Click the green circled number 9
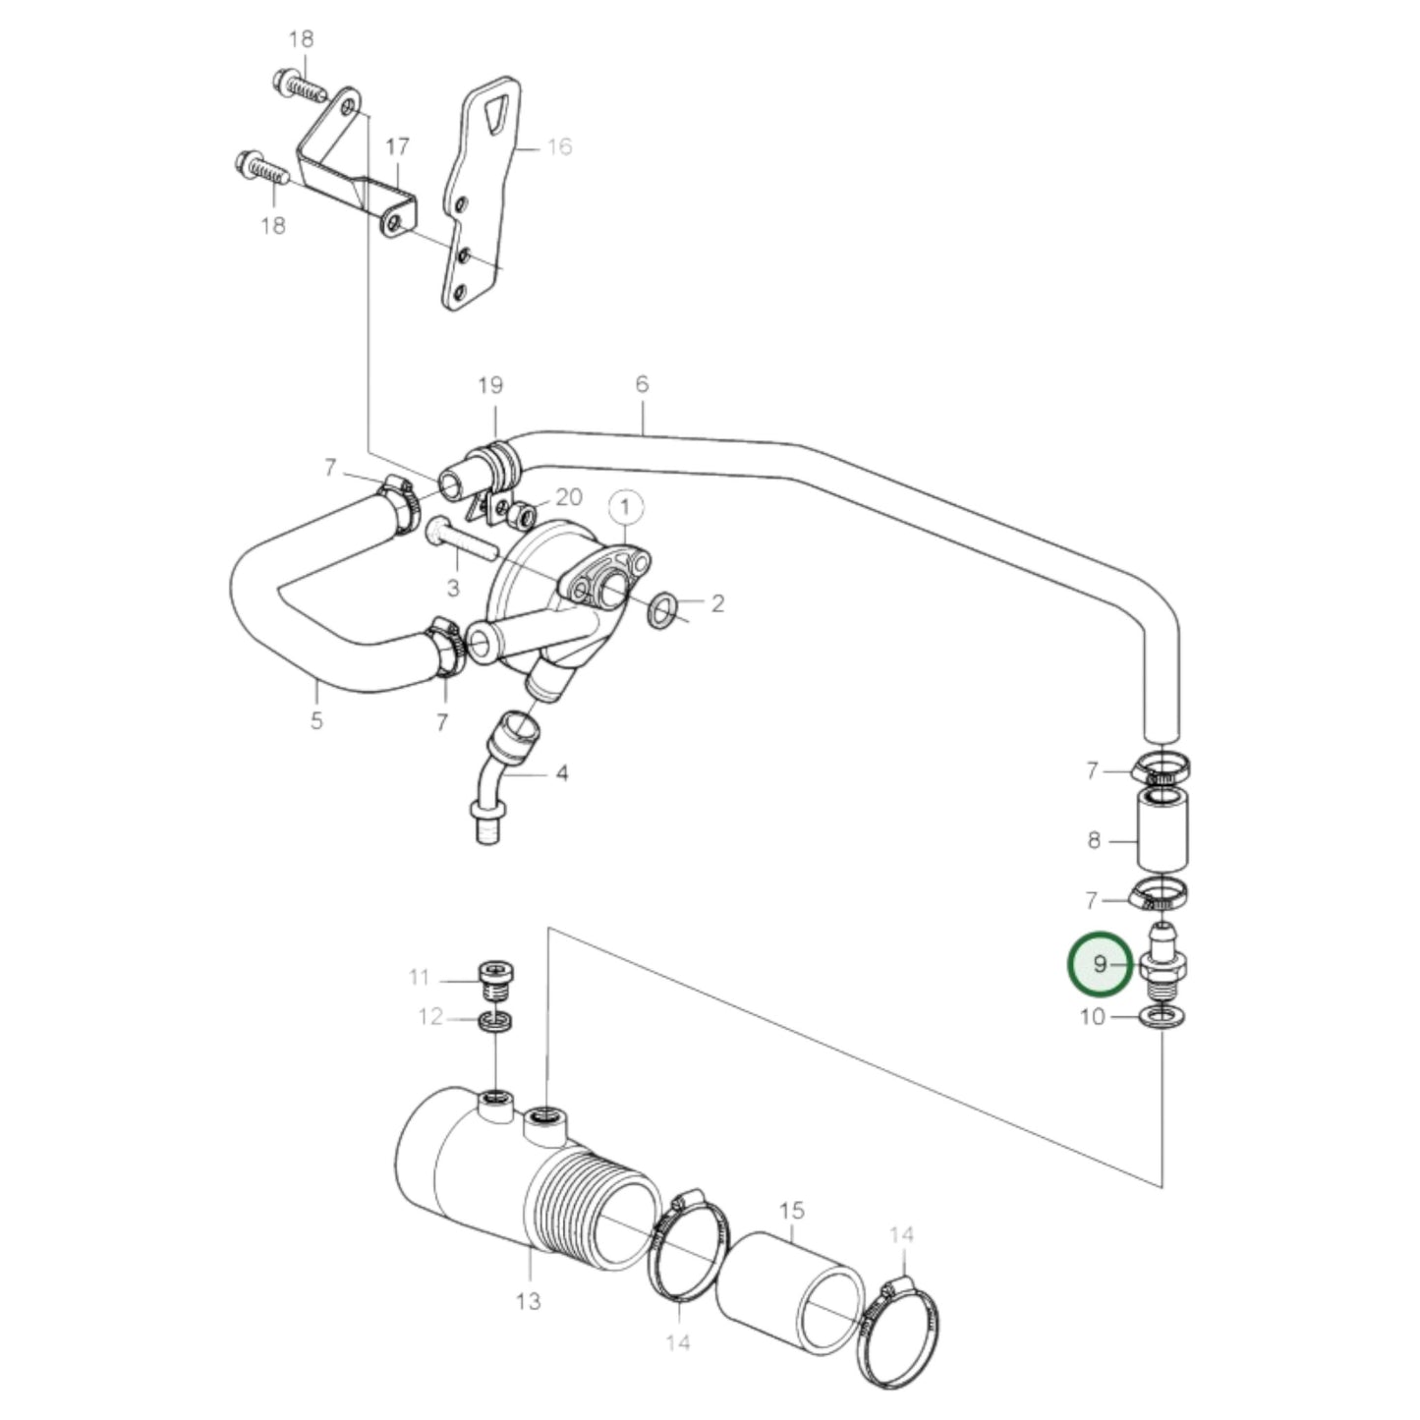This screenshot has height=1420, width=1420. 1100,964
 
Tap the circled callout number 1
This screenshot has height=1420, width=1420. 626,507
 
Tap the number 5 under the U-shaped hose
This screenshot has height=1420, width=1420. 316,720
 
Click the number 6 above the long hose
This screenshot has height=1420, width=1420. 642,383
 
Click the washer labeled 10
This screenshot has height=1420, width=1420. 1163,1015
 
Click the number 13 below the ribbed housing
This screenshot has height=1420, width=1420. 528,1301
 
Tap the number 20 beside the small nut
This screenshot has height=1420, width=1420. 569,496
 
